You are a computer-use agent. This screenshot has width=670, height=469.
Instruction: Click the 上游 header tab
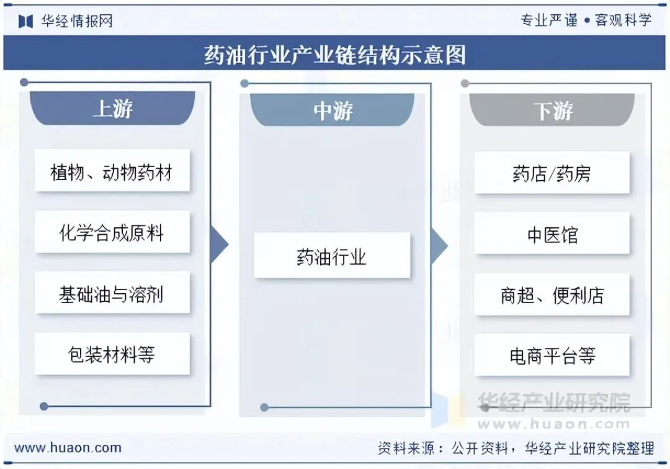click(x=112, y=109)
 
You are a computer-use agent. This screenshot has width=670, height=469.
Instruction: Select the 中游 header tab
click(x=333, y=111)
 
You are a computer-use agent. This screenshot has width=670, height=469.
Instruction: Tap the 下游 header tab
click(x=552, y=111)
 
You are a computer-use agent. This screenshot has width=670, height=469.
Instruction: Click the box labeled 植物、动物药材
click(x=112, y=171)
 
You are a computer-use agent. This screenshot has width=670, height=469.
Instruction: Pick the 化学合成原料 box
click(x=112, y=233)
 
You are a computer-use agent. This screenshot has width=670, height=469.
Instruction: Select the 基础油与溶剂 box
click(x=112, y=293)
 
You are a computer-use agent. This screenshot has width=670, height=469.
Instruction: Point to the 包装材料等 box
click(x=112, y=354)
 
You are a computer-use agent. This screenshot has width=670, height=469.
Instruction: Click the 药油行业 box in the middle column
click(x=332, y=256)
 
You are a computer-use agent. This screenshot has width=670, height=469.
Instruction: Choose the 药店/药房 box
click(x=552, y=173)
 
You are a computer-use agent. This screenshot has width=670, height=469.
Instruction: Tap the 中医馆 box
click(x=552, y=234)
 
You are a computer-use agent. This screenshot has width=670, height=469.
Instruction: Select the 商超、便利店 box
click(x=552, y=295)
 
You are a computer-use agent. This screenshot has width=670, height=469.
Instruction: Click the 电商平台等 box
click(x=552, y=356)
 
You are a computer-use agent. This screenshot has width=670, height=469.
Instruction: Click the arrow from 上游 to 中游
click(x=219, y=244)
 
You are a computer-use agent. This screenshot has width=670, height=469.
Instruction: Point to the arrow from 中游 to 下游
click(x=439, y=245)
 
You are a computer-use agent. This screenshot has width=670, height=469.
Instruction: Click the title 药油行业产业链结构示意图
click(x=335, y=55)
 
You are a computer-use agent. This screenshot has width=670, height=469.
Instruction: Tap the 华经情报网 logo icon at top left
click(x=25, y=22)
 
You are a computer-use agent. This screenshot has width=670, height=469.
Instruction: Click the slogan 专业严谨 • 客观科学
click(x=586, y=20)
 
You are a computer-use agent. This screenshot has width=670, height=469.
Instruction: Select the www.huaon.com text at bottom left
click(x=68, y=447)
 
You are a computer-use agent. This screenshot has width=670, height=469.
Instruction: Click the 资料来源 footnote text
click(x=516, y=448)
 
